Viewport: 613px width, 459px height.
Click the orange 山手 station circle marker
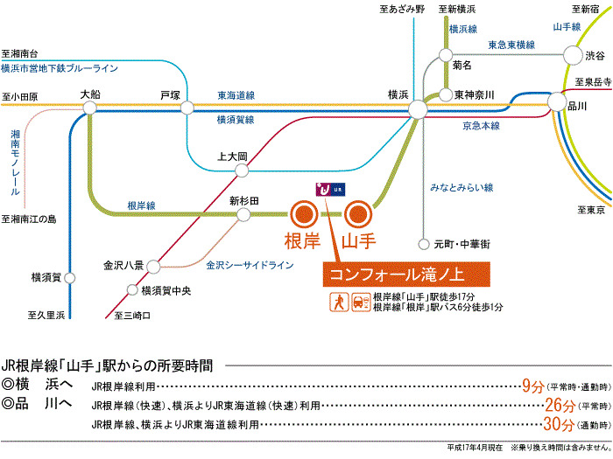pos(358,212)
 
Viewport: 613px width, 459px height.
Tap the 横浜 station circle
pos(418,108)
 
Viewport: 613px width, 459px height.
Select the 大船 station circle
pos(89,108)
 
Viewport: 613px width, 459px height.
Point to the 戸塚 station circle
pos(187,108)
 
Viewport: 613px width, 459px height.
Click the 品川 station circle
pos(558,104)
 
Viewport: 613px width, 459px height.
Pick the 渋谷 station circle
pos(571,55)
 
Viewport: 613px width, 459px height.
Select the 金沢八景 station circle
pos(150,264)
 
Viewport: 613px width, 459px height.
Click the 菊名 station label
pos(462,65)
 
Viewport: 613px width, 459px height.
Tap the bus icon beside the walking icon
pos(359,302)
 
